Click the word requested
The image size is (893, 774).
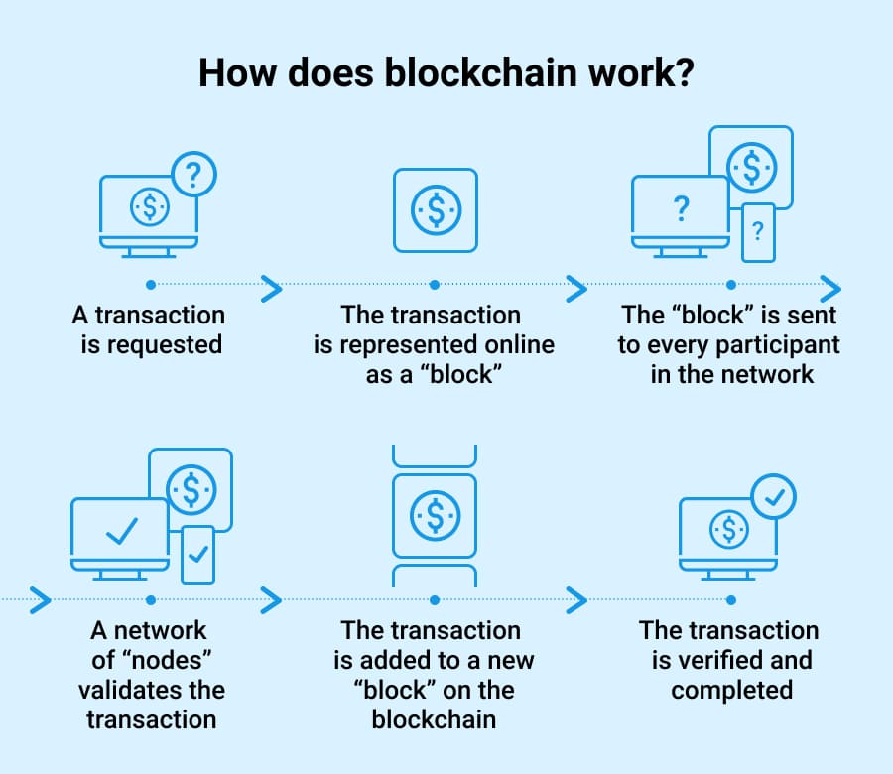165,346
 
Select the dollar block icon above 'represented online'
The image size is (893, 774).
435,210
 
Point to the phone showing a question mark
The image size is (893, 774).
758,232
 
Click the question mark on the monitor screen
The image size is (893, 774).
681,209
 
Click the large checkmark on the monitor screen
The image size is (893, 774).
121,531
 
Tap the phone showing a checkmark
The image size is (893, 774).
196,554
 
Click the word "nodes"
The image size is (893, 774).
149,660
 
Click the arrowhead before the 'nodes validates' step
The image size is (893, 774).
40,600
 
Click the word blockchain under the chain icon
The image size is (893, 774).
434,719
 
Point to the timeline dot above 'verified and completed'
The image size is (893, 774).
731,600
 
